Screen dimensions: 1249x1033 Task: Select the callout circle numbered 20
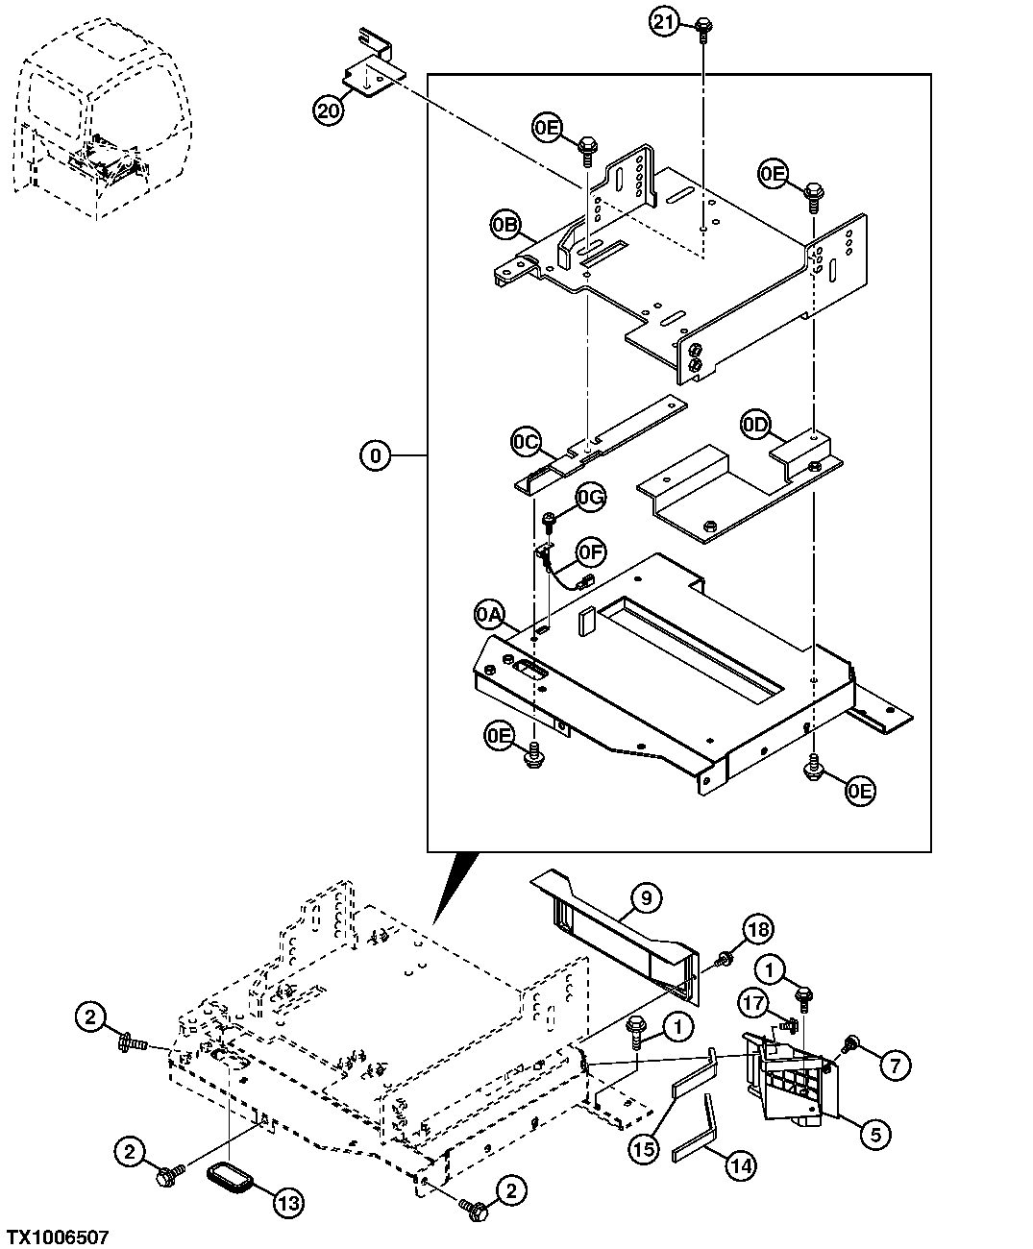tap(329, 111)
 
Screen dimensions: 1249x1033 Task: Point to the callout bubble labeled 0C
tap(525, 442)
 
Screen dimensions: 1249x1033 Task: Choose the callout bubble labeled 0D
tap(755, 424)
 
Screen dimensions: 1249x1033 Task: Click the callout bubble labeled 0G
tap(591, 497)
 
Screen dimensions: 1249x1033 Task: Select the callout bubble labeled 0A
tap(488, 614)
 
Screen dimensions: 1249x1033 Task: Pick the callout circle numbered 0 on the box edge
tap(376, 454)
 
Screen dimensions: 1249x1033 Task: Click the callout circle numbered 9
tap(646, 898)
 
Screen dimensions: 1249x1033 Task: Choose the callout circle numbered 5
tap(874, 1135)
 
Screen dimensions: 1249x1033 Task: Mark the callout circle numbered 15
tap(645, 1146)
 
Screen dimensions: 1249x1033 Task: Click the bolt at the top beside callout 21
tap(703, 26)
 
